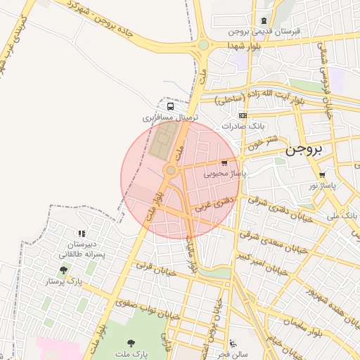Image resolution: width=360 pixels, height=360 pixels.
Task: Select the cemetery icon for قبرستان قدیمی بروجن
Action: point(264,21)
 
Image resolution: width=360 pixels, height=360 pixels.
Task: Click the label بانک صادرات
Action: point(243,126)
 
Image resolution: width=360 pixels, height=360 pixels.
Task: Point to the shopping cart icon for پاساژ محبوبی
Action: point(224,163)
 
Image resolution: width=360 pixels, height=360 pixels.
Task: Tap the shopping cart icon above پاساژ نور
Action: point(322,176)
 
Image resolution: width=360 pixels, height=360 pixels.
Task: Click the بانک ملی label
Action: point(342,215)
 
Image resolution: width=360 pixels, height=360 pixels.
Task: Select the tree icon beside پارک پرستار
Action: point(64,270)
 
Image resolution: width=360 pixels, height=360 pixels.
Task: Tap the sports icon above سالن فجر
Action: point(233,344)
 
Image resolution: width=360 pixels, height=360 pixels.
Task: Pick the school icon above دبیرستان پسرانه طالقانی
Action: point(82,233)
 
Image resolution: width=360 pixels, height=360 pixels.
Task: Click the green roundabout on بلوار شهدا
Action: point(203,45)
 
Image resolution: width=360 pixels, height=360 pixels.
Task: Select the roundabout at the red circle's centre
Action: point(170,171)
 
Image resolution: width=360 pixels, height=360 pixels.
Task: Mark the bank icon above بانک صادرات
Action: point(243,115)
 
